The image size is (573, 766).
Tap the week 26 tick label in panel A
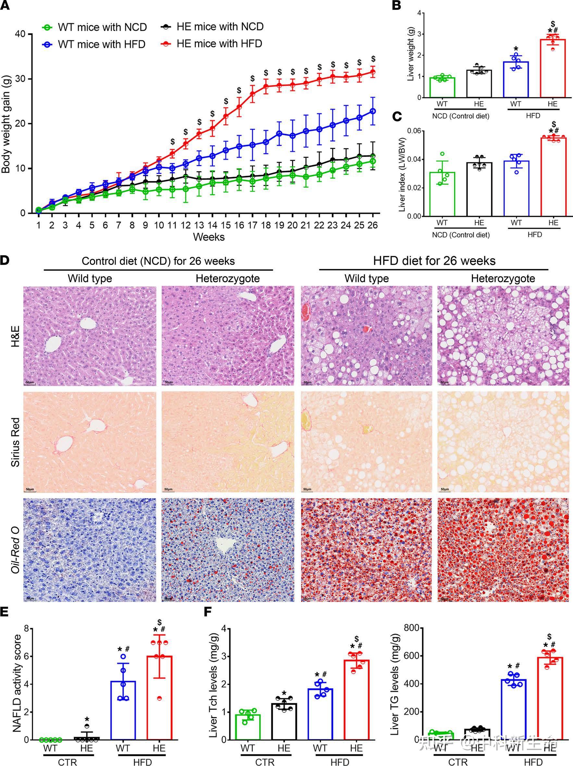tap(373, 225)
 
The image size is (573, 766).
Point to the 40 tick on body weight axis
tap(20, 34)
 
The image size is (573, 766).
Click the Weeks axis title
tap(209, 237)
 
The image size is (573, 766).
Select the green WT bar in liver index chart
tap(442, 194)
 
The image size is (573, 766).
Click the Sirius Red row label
tap(15, 442)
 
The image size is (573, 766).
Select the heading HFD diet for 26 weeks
tap(434, 261)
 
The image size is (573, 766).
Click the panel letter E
tap(5, 611)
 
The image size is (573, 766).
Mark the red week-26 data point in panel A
tap(373, 72)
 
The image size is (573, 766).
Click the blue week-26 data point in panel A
tap(373, 111)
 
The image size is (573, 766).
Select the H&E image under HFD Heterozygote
tap(503, 335)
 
